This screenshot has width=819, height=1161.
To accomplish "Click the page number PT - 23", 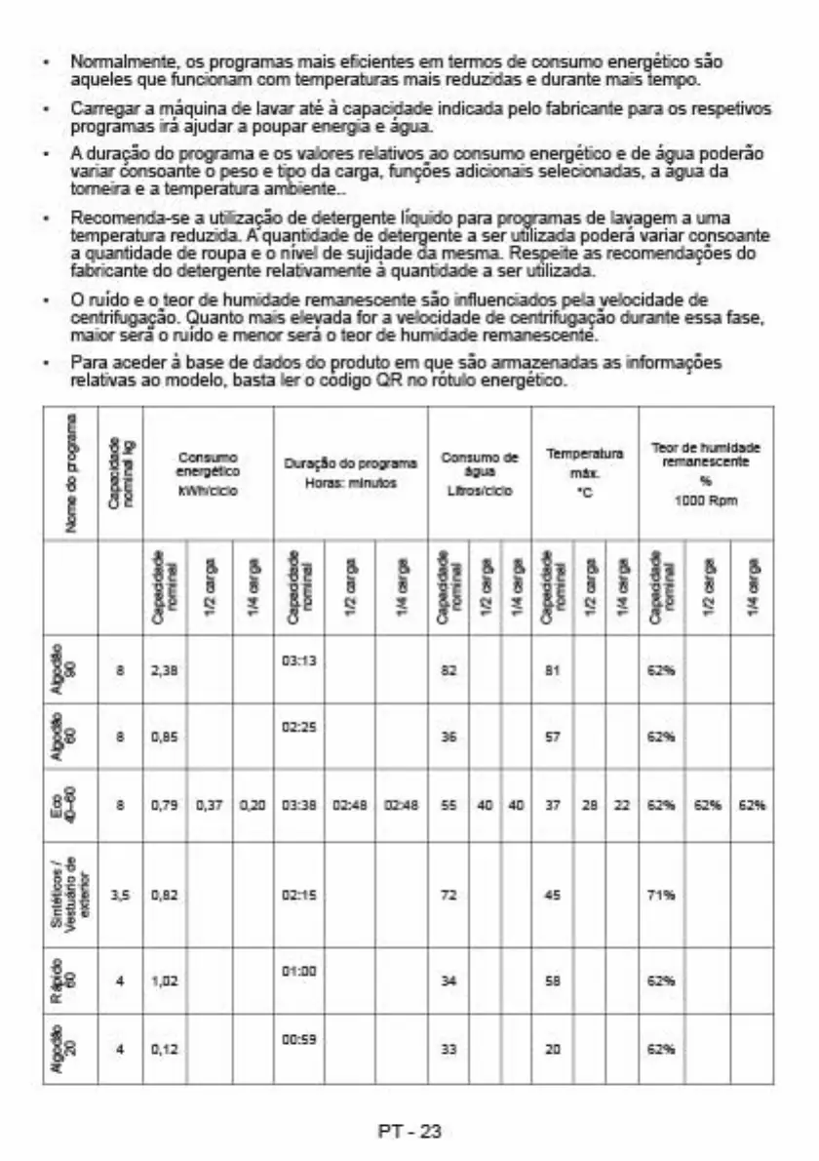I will coord(409,1132).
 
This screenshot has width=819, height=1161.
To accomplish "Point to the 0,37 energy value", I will coord(210,806).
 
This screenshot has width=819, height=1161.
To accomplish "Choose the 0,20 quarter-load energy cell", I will coord(252,806).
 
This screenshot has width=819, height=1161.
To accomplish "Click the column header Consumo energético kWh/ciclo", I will coord(208,474).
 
